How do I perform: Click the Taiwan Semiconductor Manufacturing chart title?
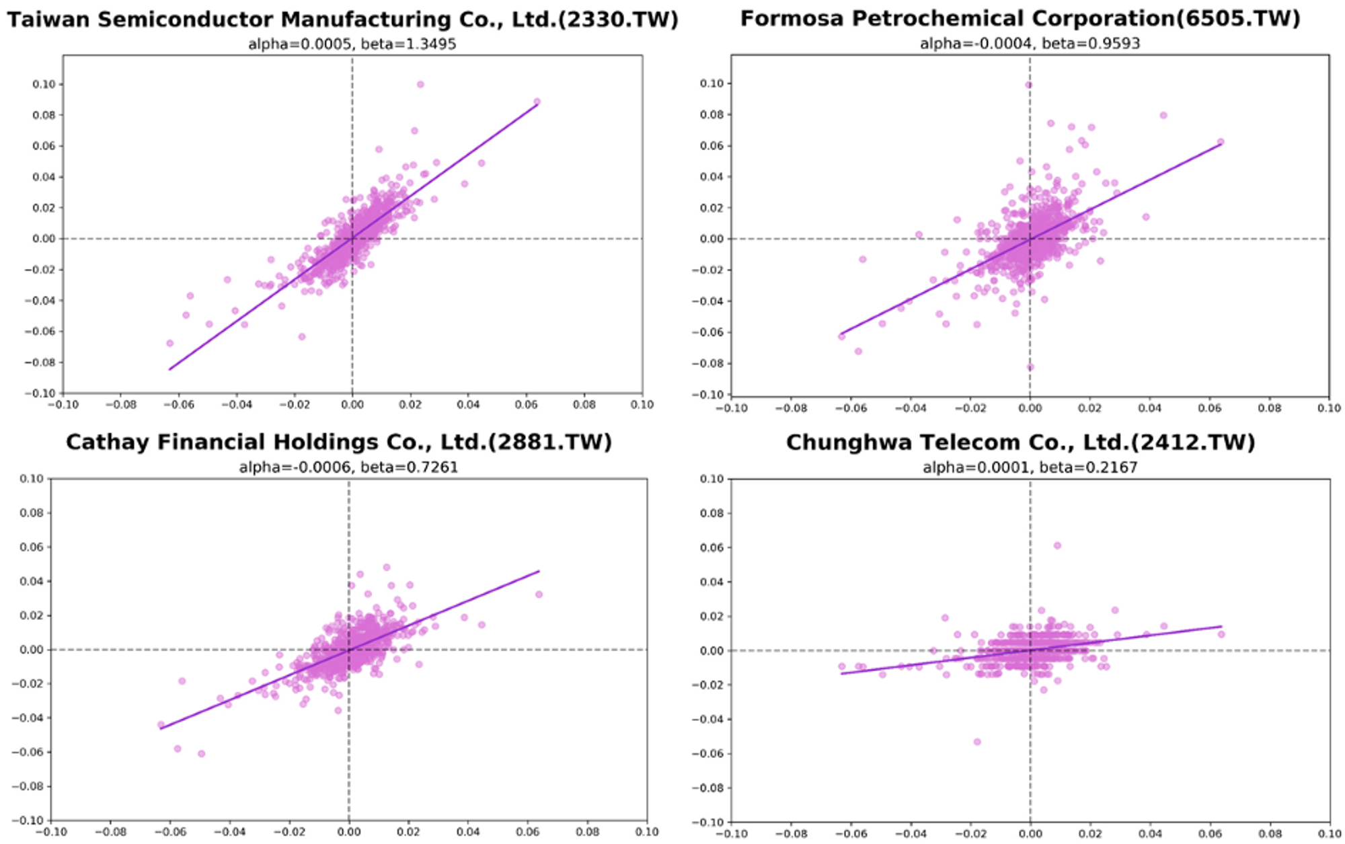(342, 20)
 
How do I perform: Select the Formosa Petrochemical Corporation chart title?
(1020, 18)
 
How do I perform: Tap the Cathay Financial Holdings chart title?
(339, 442)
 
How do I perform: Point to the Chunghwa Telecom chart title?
(1020, 443)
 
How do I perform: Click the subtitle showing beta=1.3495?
(352, 44)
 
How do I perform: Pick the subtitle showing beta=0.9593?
(1030, 44)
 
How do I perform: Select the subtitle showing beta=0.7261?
(348, 467)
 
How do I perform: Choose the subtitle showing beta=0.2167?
(1030, 467)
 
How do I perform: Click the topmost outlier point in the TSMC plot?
(420, 85)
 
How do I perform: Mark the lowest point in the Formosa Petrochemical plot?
(1030, 367)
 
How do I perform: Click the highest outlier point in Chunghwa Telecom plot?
(1057, 545)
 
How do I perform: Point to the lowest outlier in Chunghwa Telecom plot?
(977, 742)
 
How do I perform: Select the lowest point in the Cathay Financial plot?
(201, 754)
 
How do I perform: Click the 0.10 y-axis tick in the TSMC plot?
(44, 85)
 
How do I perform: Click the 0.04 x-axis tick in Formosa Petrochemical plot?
(1149, 408)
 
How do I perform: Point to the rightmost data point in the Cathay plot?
(539, 594)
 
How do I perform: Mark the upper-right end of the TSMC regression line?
(537, 104)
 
